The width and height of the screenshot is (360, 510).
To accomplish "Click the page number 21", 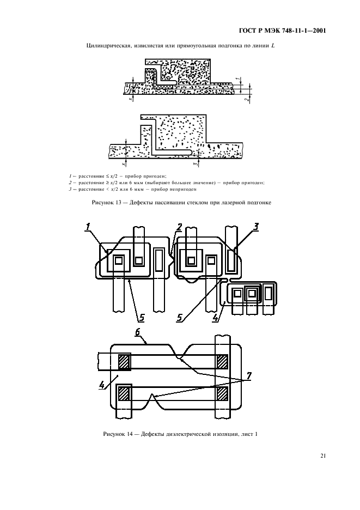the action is tap(322, 456).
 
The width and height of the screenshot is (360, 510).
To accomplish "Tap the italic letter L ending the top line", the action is tap(273, 46).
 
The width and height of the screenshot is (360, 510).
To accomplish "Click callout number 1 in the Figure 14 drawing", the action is tap(88, 227).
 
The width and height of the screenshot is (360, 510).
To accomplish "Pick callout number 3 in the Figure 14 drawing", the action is tap(256, 226).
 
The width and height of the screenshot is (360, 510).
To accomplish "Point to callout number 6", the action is tap(138, 332).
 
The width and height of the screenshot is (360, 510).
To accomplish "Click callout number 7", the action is tap(249, 376).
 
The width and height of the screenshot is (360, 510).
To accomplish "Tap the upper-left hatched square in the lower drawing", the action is tap(124, 362).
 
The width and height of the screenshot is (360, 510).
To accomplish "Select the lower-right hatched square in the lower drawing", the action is tap(222, 393).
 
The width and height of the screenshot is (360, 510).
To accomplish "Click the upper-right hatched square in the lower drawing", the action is tap(222, 362).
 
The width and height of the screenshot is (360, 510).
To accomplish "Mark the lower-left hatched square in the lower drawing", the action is tap(124, 393).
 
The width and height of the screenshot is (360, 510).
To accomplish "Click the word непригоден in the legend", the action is tap(182, 189).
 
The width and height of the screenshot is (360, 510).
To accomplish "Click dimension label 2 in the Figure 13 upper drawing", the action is tap(247, 100).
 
